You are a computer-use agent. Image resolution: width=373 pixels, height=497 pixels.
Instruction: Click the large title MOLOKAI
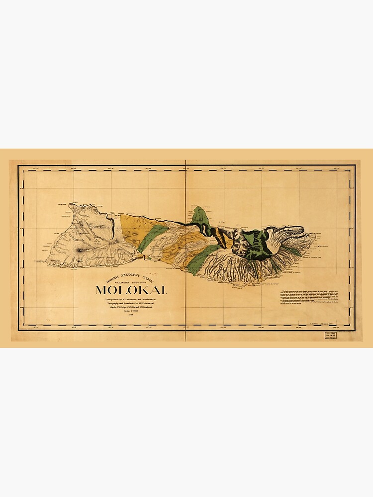(x=131, y=290)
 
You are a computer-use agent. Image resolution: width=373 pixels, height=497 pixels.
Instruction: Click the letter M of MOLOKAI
(x=100, y=290)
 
